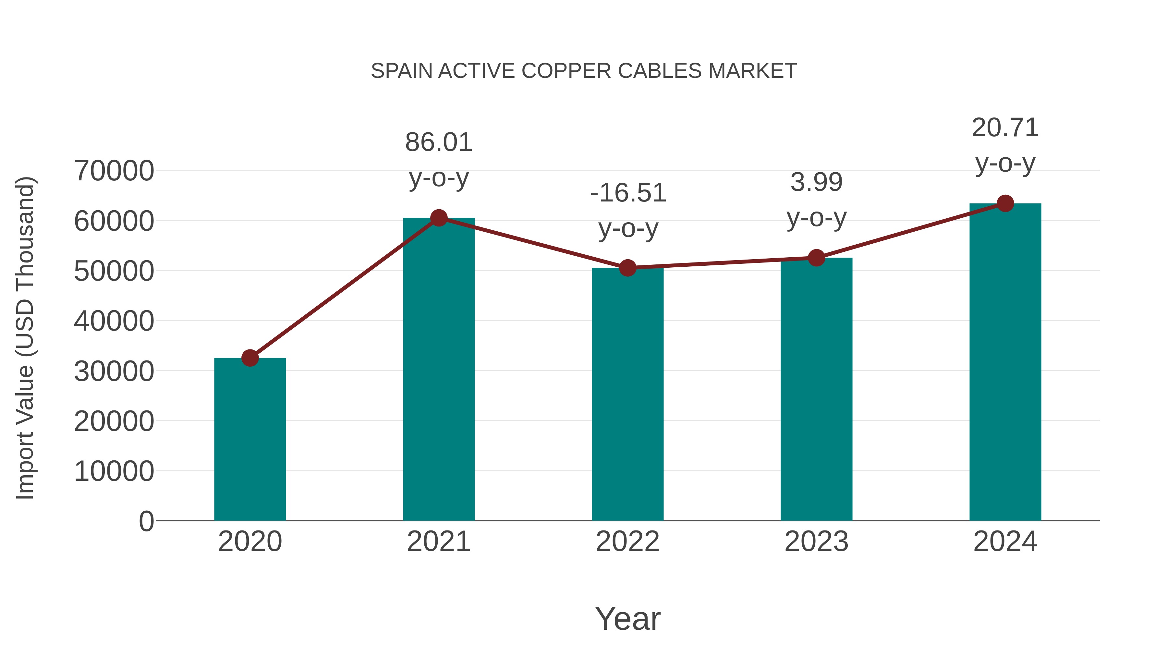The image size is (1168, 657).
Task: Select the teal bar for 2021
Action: tap(438, 369)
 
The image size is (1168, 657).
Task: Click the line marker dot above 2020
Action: tap(250, 358)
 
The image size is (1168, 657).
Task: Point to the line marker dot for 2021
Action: tap(438, 218)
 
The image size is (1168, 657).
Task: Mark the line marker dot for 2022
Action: tap(627, 268)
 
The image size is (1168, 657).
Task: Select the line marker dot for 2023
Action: tap(816, 258)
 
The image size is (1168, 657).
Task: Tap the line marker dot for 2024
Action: tap(1005, 203)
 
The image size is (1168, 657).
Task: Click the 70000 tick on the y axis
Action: tap(114, 171)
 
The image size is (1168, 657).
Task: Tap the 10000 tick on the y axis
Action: tap(114, 471)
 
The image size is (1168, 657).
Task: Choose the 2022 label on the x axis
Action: tap(627, 541)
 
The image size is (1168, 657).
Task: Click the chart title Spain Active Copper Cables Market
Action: tap(584, 71)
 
